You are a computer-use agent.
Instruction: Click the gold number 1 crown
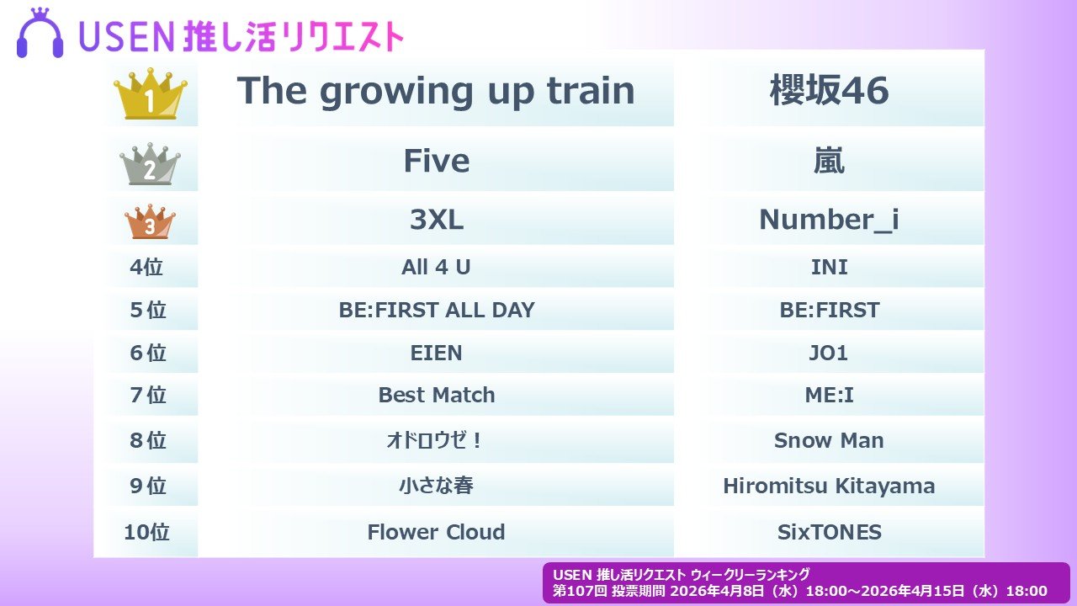[x=151, y=94]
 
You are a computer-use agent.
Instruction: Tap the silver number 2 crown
[x=150, y=164]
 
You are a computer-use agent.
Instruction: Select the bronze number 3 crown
[x=150, y=221]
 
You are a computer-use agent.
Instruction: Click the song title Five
[x=436, y=161]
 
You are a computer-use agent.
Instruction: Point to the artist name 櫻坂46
[x=829, y=90]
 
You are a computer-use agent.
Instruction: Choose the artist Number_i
[x=829, y=220]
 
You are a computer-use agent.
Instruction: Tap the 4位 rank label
[x=146, y=267]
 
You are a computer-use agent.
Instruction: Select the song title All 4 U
[x=436, y=267]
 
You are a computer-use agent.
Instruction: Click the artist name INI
[x=829, y=267]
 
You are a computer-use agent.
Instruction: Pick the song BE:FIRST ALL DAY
[x=436, y=310]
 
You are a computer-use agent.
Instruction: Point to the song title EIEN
[x=436, y=353]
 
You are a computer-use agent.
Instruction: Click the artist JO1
[x=828, y=353]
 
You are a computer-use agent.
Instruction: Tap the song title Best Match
[x=436, y=396]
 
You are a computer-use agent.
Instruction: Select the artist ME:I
[x=829, y=396]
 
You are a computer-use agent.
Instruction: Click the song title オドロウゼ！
[x=434, y=440]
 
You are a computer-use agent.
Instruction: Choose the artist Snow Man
[x=829, y=440]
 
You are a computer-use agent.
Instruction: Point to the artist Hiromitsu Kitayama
[x=829, y=486]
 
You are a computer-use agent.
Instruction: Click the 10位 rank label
[x=146, y=533]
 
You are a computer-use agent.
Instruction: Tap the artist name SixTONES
[x=829, y=533]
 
